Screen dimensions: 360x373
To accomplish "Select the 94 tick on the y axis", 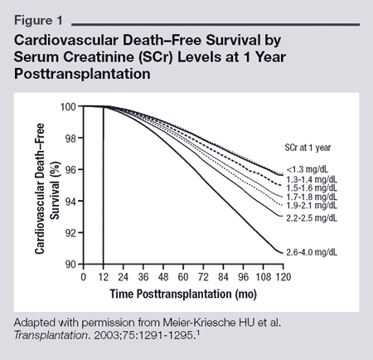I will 72,202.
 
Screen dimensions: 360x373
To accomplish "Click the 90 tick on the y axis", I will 72,264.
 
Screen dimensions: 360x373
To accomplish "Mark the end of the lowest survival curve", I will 281,251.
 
